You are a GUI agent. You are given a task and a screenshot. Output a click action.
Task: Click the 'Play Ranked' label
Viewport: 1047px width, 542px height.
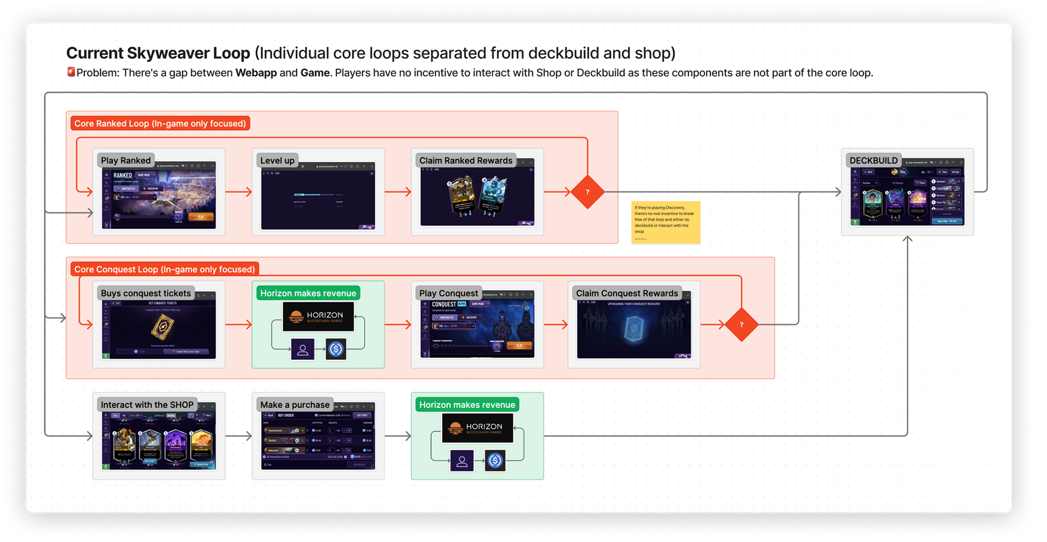tap(125, 160)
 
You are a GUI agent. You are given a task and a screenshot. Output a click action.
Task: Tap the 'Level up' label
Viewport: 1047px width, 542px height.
tap(277, 160)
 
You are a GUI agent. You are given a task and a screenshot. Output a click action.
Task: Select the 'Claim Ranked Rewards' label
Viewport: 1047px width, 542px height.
tap(466, 160)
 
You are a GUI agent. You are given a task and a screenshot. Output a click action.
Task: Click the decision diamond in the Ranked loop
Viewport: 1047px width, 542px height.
tap(587, 192)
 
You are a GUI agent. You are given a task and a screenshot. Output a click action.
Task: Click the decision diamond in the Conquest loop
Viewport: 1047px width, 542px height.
tap(741, 324)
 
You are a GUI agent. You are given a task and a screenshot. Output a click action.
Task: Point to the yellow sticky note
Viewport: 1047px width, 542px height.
tap(665, 222)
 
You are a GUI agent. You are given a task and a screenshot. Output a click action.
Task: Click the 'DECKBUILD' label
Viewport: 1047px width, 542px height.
tap(873, 160)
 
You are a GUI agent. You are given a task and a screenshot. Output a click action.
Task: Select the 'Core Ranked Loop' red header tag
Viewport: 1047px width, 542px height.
tap(160, 124)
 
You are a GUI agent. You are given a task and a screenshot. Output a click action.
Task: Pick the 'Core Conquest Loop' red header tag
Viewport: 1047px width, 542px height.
tap(165, 269)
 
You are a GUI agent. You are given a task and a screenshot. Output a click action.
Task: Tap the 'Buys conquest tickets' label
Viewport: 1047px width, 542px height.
tap(146, 293)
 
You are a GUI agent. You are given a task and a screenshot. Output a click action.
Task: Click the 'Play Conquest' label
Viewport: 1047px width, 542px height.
tap(448, 293)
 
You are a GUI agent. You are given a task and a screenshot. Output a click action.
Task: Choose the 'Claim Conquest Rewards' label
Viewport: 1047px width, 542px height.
tap(627, 293)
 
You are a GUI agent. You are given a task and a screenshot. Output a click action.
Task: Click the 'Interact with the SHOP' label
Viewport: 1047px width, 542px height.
tap(147, 405)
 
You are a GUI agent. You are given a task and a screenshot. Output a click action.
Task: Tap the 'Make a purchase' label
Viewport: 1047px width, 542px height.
tap(294, 405)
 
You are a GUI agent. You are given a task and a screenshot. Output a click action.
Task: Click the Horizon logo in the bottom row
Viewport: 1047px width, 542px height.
tap(477, 428)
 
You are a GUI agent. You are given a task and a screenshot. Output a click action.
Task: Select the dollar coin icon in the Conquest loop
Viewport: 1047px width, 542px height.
tap(336, 349)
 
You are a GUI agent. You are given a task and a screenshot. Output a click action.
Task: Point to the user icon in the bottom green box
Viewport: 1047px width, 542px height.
tap(461, 461)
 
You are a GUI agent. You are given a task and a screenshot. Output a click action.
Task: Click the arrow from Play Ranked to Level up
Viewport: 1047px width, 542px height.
tap(238, 191)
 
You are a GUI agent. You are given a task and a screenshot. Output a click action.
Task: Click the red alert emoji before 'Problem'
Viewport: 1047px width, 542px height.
tap(71, 72)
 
